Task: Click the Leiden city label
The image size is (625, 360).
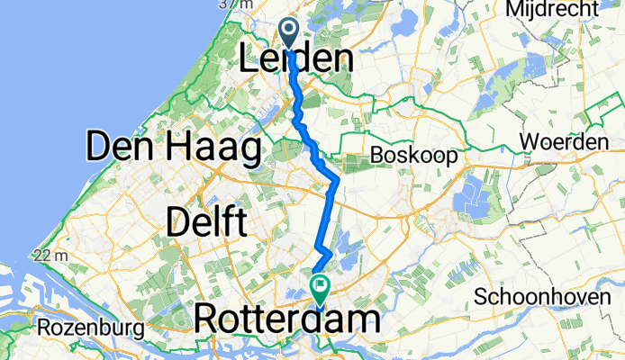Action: pyautogui.click(x=296, y=61)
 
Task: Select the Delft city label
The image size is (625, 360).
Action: pyautogui.click(x=206, y=221)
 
